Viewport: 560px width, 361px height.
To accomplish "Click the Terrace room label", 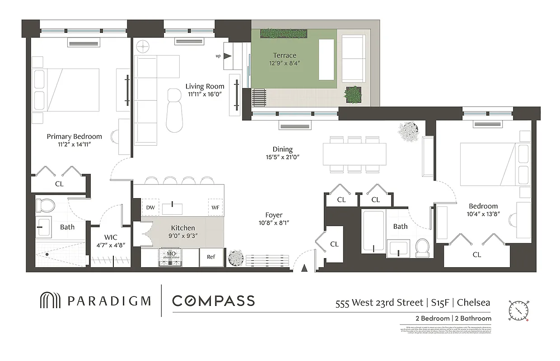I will pos(284,56).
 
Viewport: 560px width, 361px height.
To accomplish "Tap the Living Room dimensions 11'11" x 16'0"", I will pos(205,94).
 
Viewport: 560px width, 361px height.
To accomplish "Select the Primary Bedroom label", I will pos(75,136).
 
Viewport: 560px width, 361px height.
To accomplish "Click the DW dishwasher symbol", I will pos(150,207).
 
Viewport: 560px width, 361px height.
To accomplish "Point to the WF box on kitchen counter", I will pos(215,207).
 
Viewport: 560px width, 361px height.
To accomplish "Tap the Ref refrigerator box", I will pos(211,257).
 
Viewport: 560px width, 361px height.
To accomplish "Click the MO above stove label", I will pos(171,255).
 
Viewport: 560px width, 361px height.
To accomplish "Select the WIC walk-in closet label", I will pos(111,237).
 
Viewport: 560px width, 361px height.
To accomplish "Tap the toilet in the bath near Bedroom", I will pos(422,248).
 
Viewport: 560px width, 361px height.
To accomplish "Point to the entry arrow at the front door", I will pos(304,268).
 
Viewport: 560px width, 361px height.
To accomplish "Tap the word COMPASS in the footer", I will pos(214,301).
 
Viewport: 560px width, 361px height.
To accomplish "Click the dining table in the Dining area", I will pos(355,154).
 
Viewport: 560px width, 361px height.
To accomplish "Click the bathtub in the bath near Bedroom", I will pos(373,232).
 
